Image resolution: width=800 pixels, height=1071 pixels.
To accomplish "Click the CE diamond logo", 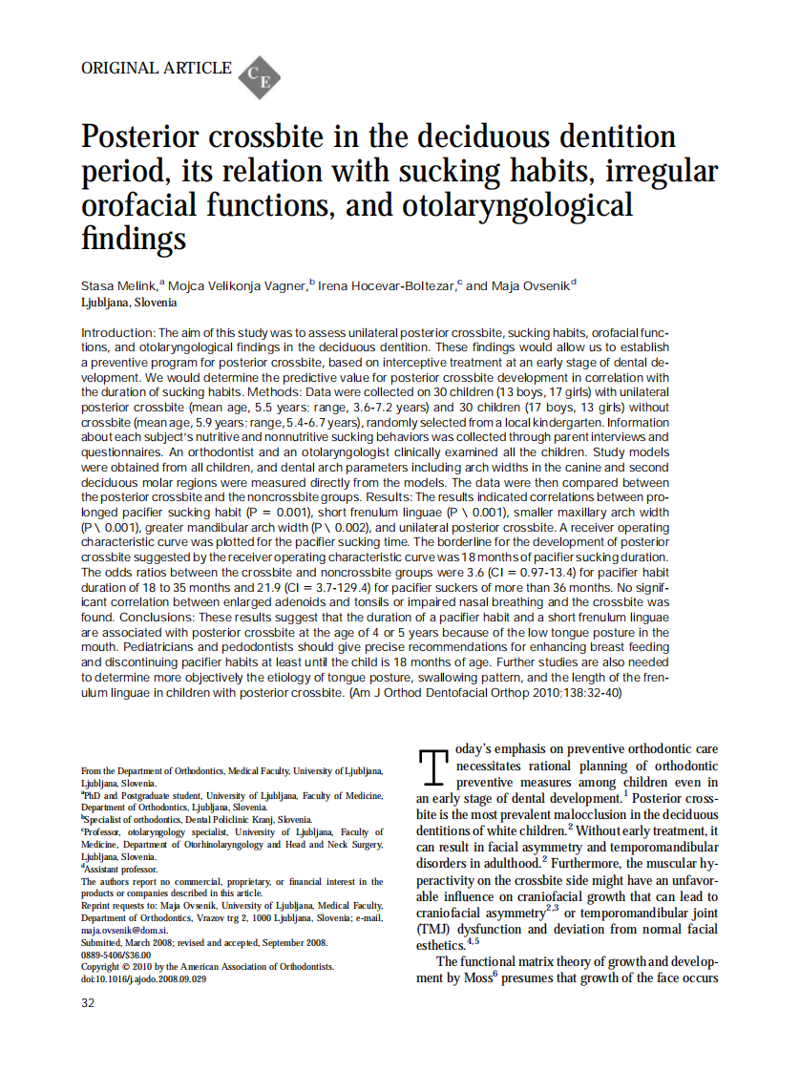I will tap(259, 76).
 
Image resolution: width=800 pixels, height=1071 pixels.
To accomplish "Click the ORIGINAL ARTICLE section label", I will tap(157, 68).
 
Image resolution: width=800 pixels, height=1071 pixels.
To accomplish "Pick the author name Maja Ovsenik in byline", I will tap(529, 285).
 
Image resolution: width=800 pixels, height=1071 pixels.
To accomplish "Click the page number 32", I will tap(88, 1003).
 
